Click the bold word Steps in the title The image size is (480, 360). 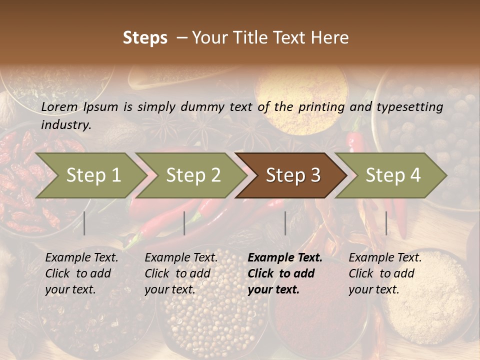pos(145,38)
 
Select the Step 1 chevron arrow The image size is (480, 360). pos(90,175)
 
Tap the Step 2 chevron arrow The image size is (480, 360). pos(190,175)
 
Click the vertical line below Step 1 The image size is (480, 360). pos(84,223)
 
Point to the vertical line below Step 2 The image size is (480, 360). pos(184,223)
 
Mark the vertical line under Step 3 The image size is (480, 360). pos(285,223)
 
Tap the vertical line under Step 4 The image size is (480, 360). pos(386,223)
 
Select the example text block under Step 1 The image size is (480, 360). pos(81,273)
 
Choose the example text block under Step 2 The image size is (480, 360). pos(181,273)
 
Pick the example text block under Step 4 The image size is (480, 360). pos(385,273)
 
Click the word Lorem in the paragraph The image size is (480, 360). pos(59,106)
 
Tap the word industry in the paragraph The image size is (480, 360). pos(65,125)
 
